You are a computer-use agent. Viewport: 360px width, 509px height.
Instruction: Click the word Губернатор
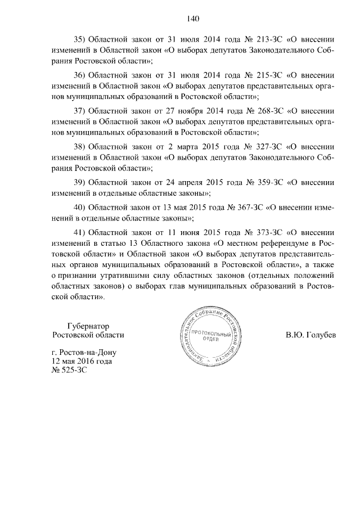click(x=88, y=326)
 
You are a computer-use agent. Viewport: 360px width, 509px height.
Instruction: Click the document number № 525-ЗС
click(x=70, y=371)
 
